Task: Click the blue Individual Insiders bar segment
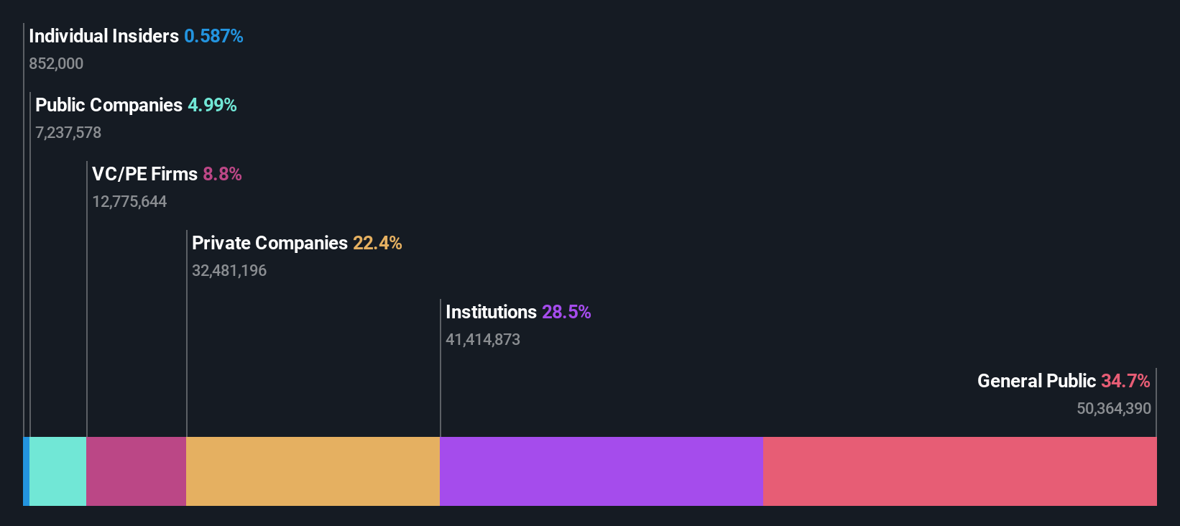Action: click(26, 471)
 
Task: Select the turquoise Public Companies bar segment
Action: click(57, 471)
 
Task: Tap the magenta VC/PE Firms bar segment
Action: click(136, 471)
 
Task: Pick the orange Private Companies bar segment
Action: click(313, 471)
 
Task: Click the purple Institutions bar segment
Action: click(601, 471)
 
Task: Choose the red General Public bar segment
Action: click(959, 471)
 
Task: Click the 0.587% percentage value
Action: click(213, 36)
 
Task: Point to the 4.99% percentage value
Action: click(212, 105)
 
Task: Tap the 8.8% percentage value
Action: click(222, 174)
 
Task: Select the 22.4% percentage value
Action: click(377, 243)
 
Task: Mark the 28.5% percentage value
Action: click(566, 312)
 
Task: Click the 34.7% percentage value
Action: click(1125, 381)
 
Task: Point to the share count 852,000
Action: click(56, 63)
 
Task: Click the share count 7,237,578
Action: click(68, 132)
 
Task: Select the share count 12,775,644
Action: click(129, 201)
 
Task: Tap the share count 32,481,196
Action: click(229, 270)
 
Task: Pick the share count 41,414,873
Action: click(483, 339)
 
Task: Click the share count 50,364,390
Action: click(1114, 408)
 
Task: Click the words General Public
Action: click(1036, 381)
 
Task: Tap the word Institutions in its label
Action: click(491, 312)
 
